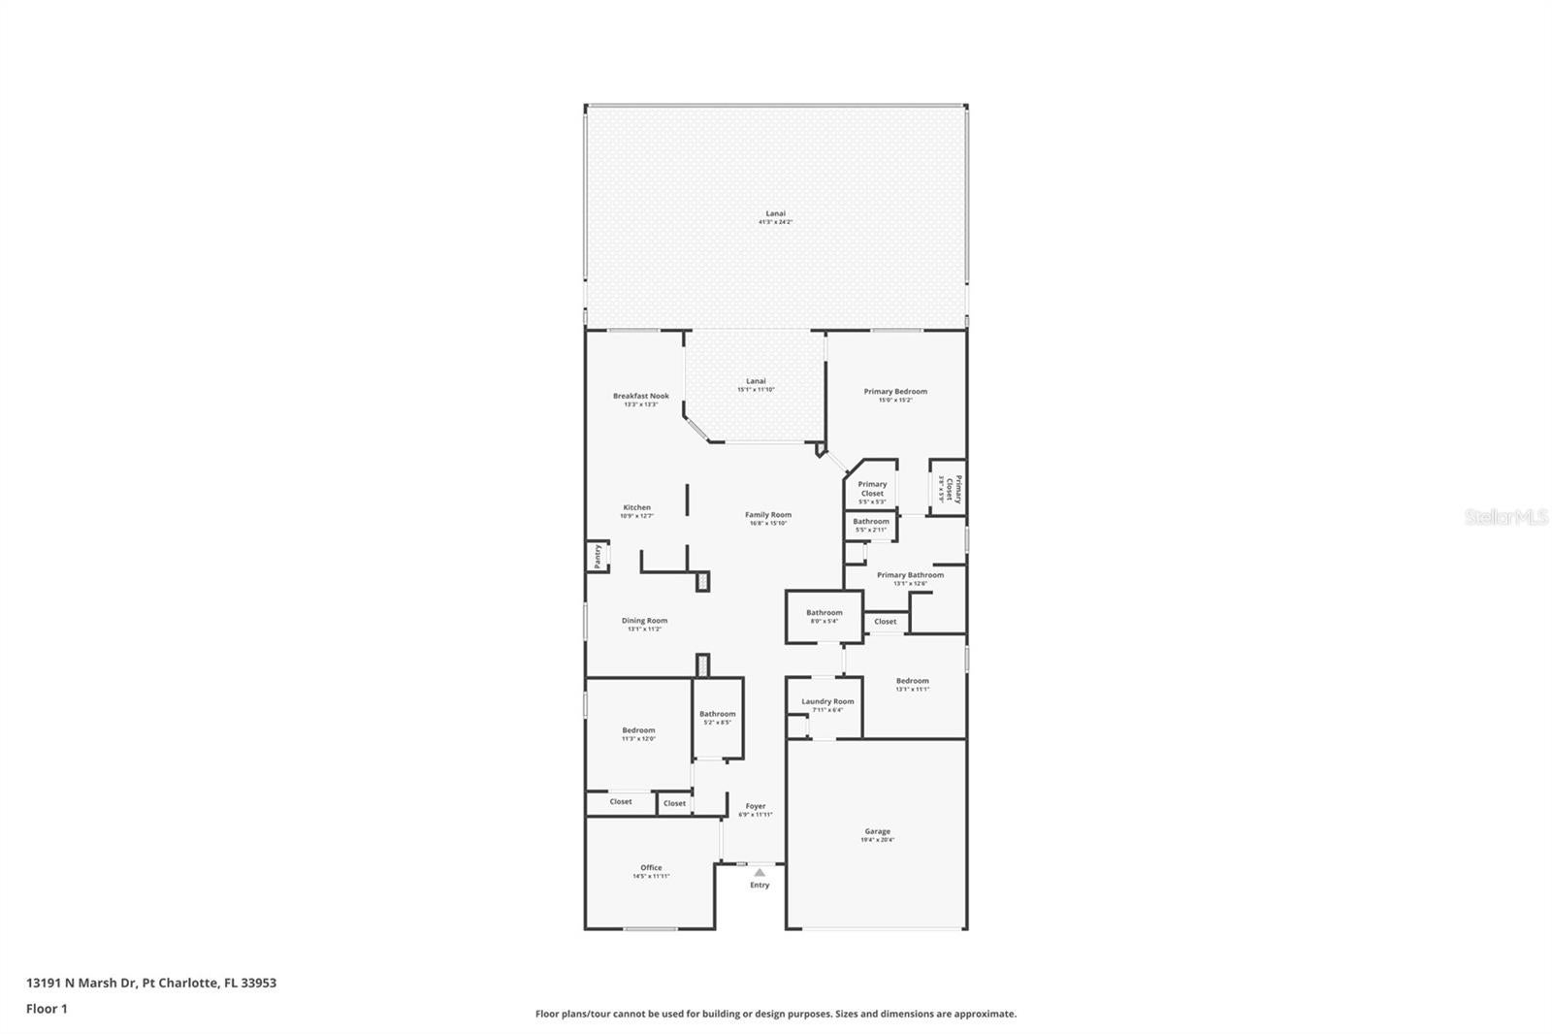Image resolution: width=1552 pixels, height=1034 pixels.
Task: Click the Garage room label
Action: click(x=877, y=831)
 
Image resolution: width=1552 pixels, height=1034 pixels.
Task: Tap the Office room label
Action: click(x=651, y=868)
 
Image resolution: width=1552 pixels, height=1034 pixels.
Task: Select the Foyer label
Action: click(x=756, y=806)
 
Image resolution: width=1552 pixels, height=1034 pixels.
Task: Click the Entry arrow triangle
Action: click(x=760, y=873)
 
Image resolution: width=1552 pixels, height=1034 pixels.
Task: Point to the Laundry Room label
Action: click(x=827, y=701)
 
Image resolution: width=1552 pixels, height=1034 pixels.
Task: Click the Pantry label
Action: click(x=598, y=557)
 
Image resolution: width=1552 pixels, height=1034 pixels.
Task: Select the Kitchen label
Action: click(x=637, y=507)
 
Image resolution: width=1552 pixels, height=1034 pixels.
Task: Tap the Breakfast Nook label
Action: click(x=641, y=396)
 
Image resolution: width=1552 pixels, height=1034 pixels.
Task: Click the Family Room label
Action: click(x=768, y=515)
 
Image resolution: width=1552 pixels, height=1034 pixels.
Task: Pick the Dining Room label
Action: click(x=644, y=621)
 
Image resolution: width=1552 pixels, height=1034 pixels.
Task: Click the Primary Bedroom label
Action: click(x=895, y=392)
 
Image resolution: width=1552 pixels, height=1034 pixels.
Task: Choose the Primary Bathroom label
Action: click(x=910, y=575)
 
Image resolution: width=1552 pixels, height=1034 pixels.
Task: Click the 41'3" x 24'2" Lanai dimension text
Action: click(x=775, y=222)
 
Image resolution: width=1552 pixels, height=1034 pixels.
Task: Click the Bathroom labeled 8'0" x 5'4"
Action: click(x=824, y=613)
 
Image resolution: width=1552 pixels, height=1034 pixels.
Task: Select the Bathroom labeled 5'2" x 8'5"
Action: click(x=718, y=714)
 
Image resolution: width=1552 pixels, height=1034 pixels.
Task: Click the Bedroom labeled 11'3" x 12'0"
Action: click(x=638, y=730)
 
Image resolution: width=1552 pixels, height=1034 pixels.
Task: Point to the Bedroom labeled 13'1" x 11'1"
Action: click(x=912, y=681)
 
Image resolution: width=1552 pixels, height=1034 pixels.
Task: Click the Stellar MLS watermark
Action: click(x=1505, y=517)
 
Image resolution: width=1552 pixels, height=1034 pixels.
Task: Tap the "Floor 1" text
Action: click(x=47, y=1009)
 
